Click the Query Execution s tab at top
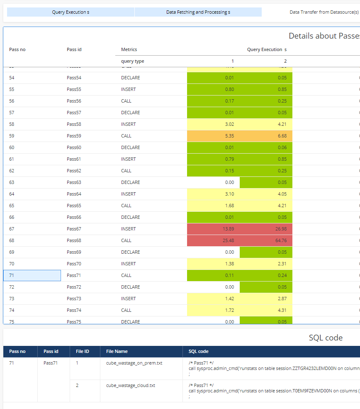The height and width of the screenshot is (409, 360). pyautogui.click(x=71, y=12)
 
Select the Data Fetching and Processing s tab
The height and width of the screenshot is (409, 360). pyautogui.click(x=198, y=12)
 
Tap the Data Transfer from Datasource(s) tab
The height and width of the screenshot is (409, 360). pyautogui.click(x=324, y=12)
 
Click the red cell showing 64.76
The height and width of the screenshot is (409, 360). pyautogui.click(x=266, y=240)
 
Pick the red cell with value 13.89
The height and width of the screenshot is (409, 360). pyautogui.click(x=214, y=229)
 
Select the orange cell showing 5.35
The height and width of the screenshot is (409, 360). pyautogui.click(x=214, y=136)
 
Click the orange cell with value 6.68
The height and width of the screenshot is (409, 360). pyautogui.click(x=266, y=136)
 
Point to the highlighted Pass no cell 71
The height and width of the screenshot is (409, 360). pyautogui.click(x=32, y=275)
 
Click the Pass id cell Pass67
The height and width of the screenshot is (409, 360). pyautogui.click(x=74, y=229)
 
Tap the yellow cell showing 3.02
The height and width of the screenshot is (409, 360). pyautogui.click(x=214, y=124)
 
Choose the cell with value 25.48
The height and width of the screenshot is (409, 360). pyautogui.click(x=214, y=240)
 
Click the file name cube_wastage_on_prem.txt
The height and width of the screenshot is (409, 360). pyautogui.click(x=134, y=363)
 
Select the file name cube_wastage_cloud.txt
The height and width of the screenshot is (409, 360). pyautogui.click(x=130, y=385)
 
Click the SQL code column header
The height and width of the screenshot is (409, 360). pyautogui.click(x=199, y=351)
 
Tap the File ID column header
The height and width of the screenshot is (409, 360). pyautogui.click(x=83, y=351)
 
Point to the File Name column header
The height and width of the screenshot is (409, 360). pyautogui.click(x=117, y=351)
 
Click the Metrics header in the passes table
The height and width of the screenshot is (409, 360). pyautogui.click(x=129, y=49)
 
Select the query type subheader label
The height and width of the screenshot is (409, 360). pyautogui.click(x=133, y=61)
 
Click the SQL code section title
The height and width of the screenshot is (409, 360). pyautogui.click(x=326, y=338)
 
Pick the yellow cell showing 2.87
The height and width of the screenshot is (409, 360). pyautogui.click(x=266, y=299)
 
